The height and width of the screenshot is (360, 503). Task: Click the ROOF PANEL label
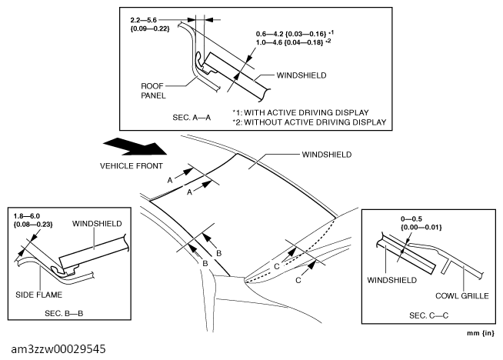pos(155,92)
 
